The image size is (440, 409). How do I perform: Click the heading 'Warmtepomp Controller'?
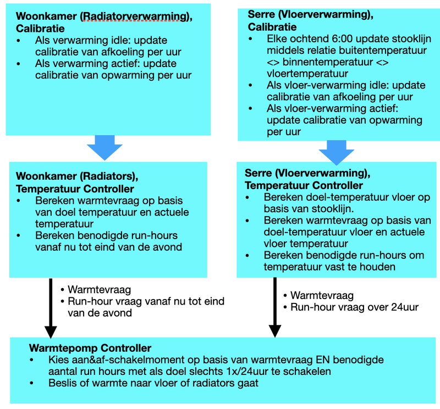pos(90,348)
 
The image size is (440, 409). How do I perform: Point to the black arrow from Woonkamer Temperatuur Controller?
pos(51,308)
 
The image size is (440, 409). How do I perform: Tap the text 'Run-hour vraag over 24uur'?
pos(354,307)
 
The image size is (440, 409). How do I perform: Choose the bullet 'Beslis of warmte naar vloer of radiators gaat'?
pos(153,383)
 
